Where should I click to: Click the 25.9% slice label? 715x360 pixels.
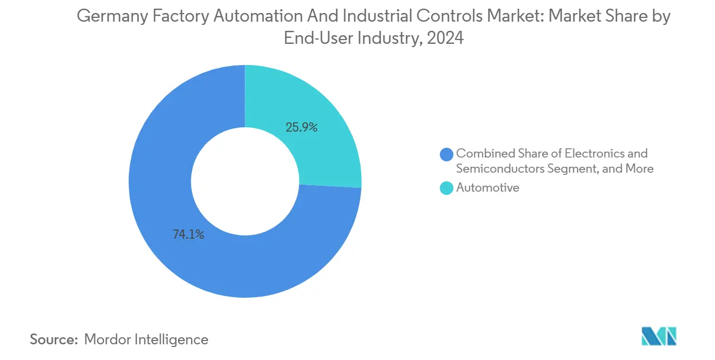pos(301,128)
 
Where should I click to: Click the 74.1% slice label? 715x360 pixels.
pos(188,234)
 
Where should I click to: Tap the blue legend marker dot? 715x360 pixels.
pos(446,154)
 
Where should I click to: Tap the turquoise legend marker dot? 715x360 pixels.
pos(446,188)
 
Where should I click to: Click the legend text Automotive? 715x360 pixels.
pos(487,188)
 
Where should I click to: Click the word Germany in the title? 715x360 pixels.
pos(111,17)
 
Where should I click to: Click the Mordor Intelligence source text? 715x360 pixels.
pos(146,339)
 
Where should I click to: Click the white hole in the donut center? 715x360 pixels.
pos(245,181)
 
